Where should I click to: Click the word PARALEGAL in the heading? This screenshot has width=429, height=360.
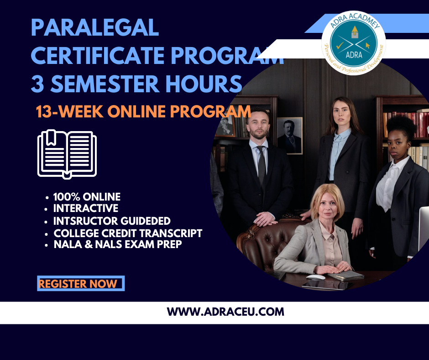(x=95, y=27)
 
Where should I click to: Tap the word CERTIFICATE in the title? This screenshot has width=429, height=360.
(x=98, y=55)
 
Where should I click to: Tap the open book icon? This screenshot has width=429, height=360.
(x=67, y=154)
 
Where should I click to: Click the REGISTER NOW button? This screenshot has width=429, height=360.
(x=81, y=283)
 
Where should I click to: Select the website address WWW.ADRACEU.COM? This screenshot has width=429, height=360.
(x=225, y=312)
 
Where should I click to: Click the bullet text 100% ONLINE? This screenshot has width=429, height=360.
(x=87, y=197)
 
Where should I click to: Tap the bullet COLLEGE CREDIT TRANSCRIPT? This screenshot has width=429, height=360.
(x=128, y=233)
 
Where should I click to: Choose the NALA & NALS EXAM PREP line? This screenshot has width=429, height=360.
(x=118, y=244)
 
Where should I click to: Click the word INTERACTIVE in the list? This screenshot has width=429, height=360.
(x=86, y=208)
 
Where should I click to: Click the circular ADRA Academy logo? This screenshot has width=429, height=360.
(x=354, y=43)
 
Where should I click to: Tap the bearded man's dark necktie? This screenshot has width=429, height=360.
(x=262, y=164)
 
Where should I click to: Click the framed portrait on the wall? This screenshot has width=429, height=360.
(x=289, y=136)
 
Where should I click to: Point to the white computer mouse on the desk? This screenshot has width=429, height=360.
(x=316, y=277)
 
